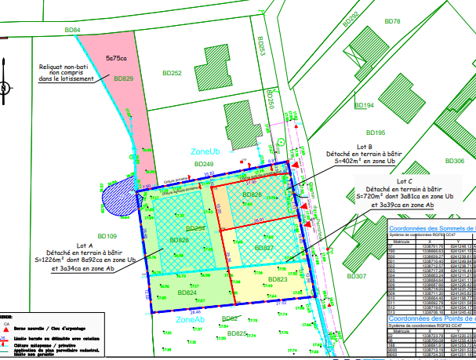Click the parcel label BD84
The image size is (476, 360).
point(72,31)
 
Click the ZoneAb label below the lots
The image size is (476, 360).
point(191,320)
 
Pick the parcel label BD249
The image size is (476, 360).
point(193,164)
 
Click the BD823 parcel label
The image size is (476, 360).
point(278,279)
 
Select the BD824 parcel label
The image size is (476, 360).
point(187,293)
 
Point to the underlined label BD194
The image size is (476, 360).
point(364,105)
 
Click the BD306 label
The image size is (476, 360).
point(454,161)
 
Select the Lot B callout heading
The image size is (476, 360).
point(364,147)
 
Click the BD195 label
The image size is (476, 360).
point(375,133)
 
